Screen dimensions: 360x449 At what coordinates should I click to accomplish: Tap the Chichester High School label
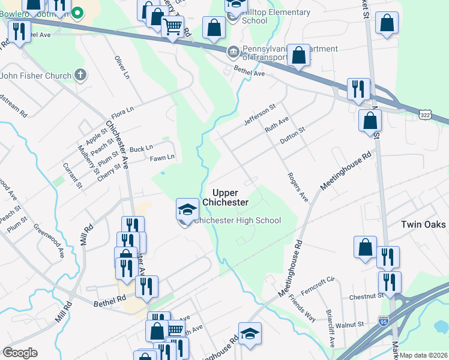[x=238, y=220]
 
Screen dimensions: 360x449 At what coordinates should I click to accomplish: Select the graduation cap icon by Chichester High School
[x=187, y=209]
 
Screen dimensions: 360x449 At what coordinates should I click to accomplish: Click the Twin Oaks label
[x=423, y=224]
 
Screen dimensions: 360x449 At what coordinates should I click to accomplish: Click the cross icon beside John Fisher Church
[x=80, y=75]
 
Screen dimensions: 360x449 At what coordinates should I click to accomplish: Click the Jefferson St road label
[x=259, y=115]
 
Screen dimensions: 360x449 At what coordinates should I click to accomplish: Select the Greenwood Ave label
[x=49, y=241]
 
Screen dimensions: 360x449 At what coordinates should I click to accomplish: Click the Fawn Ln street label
[x=162, y=157]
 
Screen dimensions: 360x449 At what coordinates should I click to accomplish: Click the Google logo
[x=20, y=353]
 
